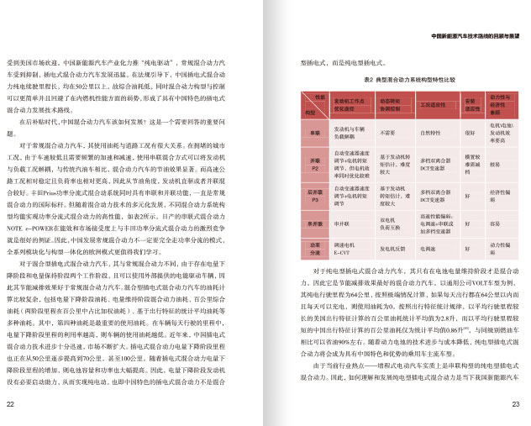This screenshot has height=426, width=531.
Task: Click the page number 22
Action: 9,404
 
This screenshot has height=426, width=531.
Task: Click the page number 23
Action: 515,404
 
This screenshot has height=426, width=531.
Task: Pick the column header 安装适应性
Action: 471,105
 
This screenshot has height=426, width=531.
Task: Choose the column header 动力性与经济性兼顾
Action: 502,105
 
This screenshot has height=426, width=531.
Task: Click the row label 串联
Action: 314,132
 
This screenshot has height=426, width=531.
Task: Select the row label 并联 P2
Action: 314,164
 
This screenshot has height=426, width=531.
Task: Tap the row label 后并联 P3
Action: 314,197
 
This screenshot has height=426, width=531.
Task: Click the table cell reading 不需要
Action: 387,133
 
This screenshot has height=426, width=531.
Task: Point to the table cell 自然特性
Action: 430,133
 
